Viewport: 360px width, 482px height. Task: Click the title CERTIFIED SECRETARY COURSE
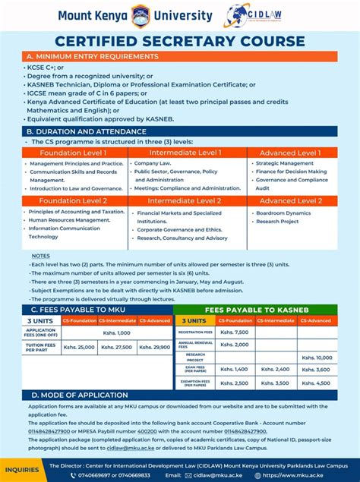(x=179, y=41)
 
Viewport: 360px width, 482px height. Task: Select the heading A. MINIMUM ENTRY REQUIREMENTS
(x=93, y=56)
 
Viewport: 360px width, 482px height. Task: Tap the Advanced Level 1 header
(x=291, y=153)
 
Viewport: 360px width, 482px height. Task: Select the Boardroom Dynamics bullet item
(x=283, y=213)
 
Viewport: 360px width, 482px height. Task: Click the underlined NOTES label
(x=41, y=256)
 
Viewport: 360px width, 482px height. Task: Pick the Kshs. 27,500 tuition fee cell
(x=117, y=347)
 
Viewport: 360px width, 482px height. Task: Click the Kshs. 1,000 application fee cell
(x=117, y=332)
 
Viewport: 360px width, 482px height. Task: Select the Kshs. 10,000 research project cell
(x=317, y=357)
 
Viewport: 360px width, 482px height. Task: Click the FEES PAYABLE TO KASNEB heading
(x=255, y=310)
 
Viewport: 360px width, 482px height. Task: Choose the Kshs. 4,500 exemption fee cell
(x=317, y=383)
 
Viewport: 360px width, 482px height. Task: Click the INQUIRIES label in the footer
(x=21, y=470)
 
